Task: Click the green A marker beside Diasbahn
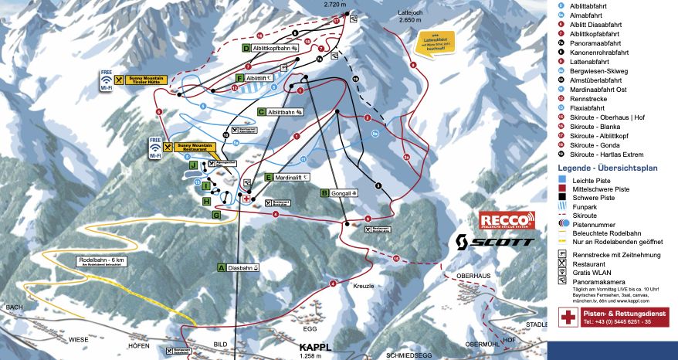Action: [222, 268]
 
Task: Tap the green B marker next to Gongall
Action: [325, 193]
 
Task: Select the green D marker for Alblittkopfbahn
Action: [246, 48]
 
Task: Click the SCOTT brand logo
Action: [494, 241]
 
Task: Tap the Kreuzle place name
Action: [364, 286]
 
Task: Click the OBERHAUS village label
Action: [473, 275]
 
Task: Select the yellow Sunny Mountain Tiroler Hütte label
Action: [145, 80]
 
